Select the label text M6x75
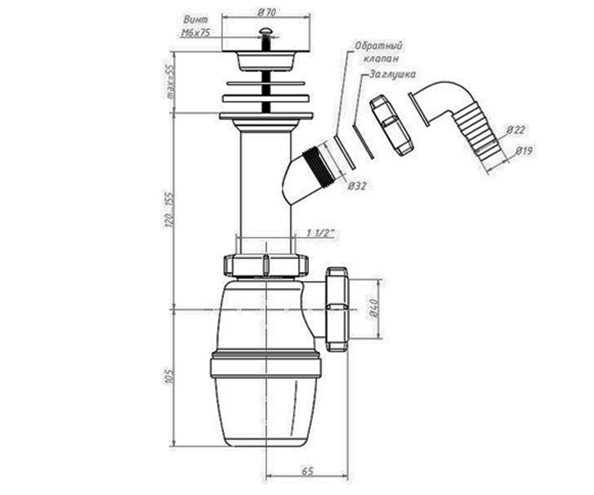pyautogui.click(x=196, y=33)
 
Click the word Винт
pyautogui.click(x=196, y=20)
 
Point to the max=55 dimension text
pyautogui.click(x=170, y=82)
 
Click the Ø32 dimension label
pyautogui.click(x=357, y=186)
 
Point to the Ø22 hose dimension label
pyautogui.click(x=515, y=130)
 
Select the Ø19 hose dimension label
pyautogui.click(x=524, y=150)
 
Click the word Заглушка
pyautogui.click(x=393, y=74)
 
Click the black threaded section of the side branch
pyautogui.click(x=319, y=165)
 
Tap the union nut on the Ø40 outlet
pyautogui.click(x=337, y=309)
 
